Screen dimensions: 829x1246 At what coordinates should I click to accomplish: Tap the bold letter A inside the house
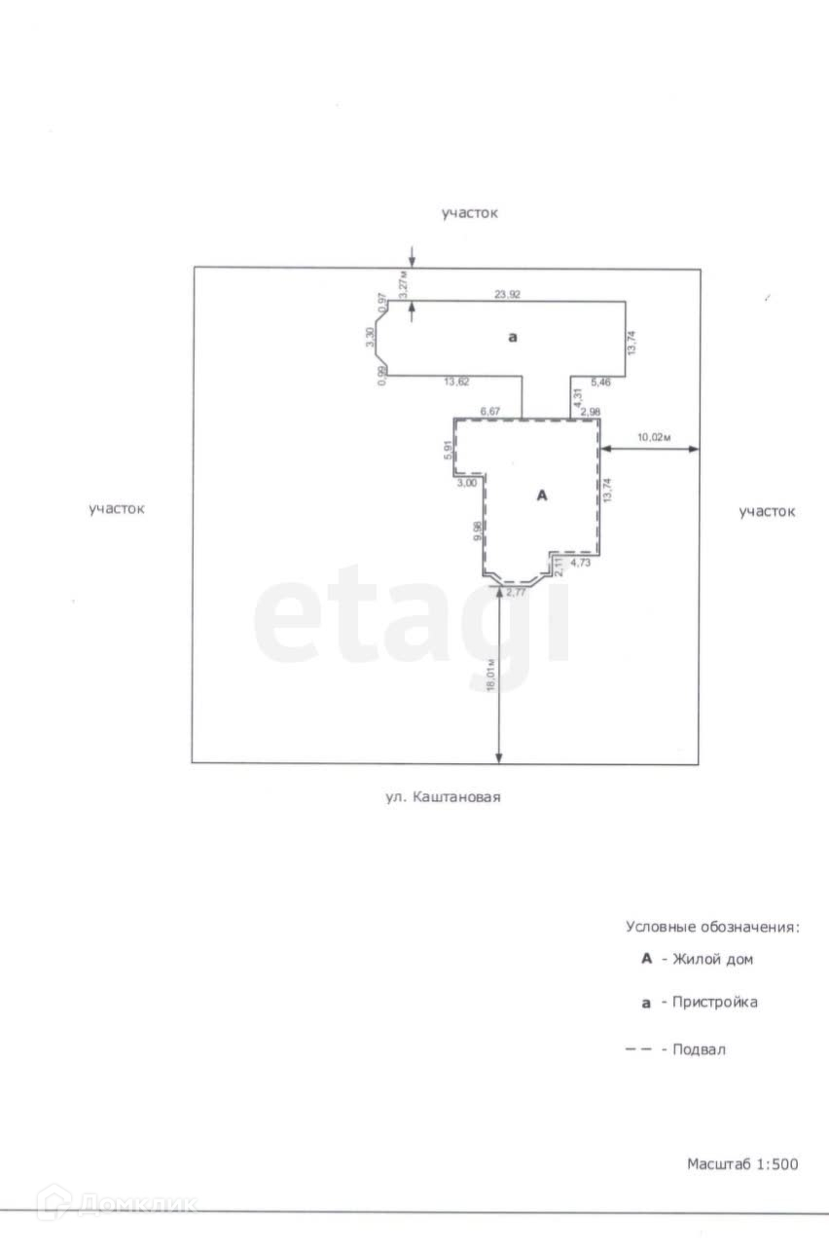[x=543, y=495]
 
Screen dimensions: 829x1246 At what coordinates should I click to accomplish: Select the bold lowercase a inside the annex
[x=513, y=337]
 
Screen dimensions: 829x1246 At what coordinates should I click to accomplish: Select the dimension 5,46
[x=592, y=383]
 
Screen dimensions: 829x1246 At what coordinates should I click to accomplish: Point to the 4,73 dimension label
[x=580, y=563]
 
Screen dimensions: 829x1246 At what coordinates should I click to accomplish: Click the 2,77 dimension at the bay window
[x=517, y=592]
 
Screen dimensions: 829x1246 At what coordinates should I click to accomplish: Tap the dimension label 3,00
[x=467, y=483]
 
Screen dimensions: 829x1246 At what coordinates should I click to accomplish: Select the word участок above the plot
[x=469, y=212]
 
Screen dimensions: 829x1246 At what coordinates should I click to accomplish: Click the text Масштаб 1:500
[x=742, y=1163]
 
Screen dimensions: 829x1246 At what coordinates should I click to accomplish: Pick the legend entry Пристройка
[x=715, y=1002]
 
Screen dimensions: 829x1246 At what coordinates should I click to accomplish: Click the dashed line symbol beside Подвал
[x=638, y=1049]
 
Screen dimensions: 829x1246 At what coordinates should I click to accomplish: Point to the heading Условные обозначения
[x=712, y=927]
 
